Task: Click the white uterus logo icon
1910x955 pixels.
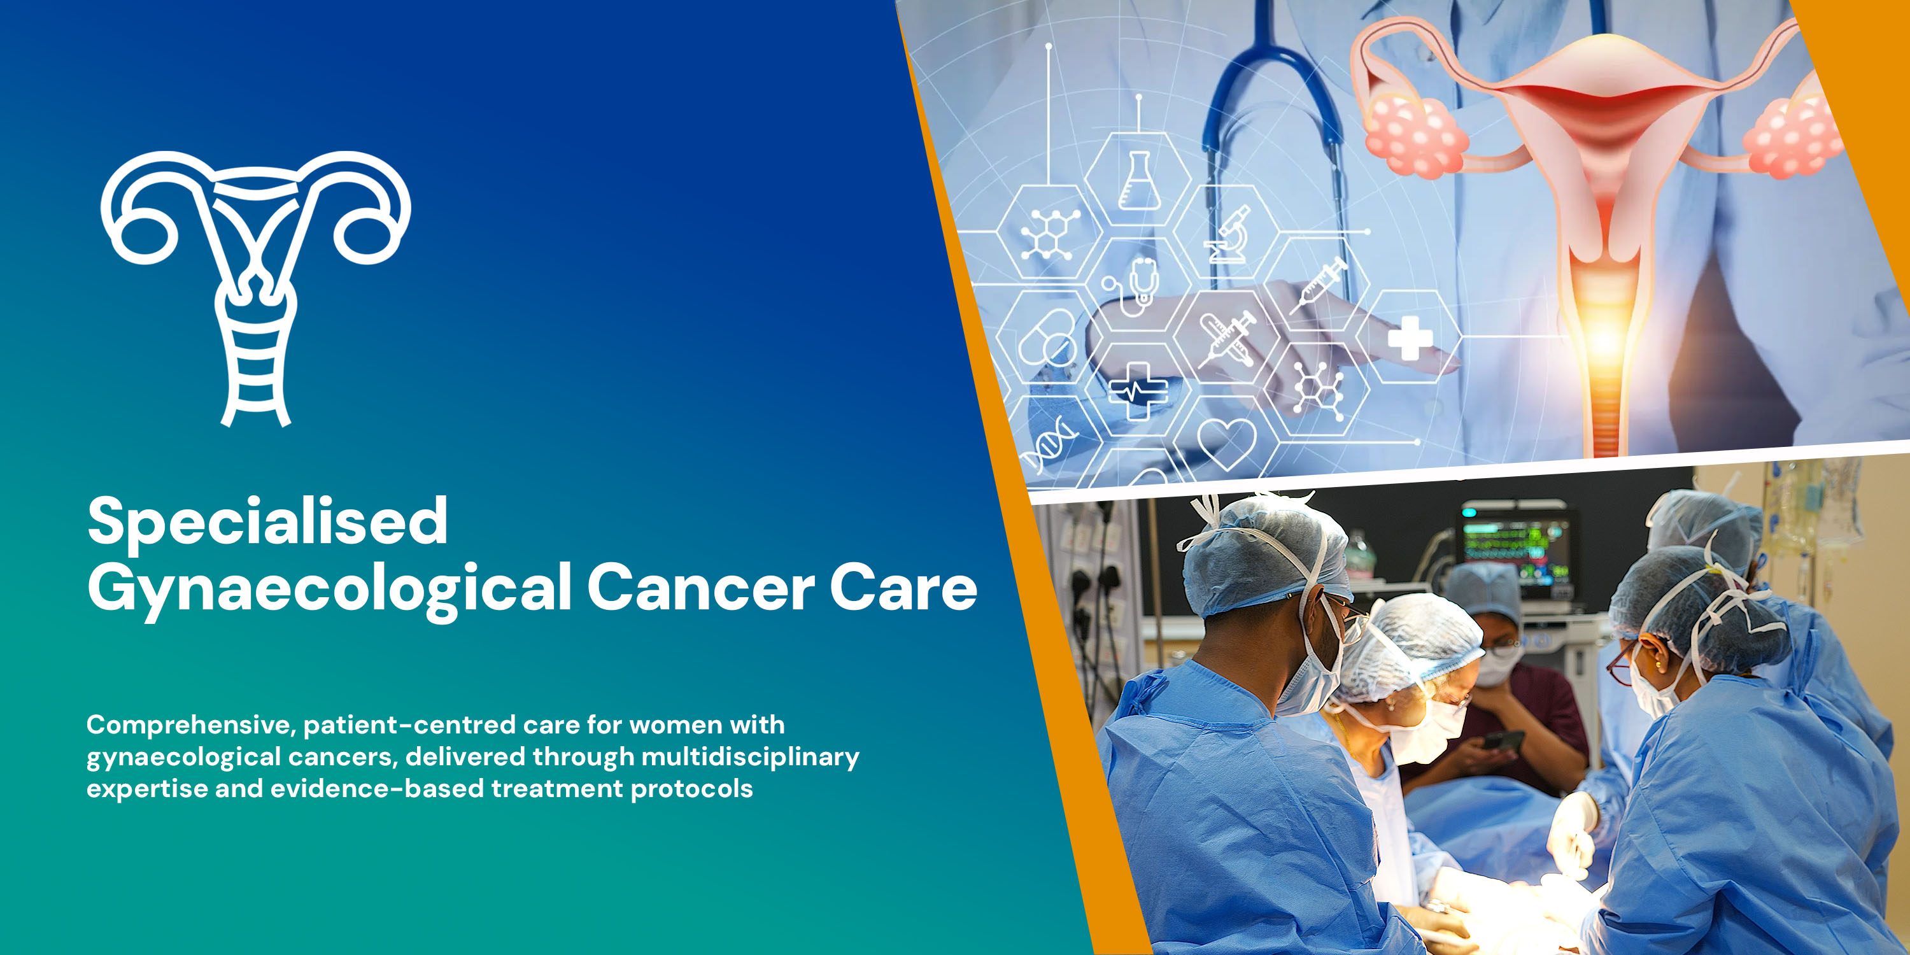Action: click(x=256, y=285)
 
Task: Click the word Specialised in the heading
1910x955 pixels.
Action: click(x=267, y=521)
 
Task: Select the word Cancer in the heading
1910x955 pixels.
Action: click(x=701, y=588)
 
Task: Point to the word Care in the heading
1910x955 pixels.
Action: click(x=903, y=588)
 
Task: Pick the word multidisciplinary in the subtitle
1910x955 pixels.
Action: click(x=751, y=757)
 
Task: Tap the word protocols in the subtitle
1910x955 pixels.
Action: click(x=692, y=789)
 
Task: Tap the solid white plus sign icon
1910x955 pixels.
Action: click(x=1410, y=338)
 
